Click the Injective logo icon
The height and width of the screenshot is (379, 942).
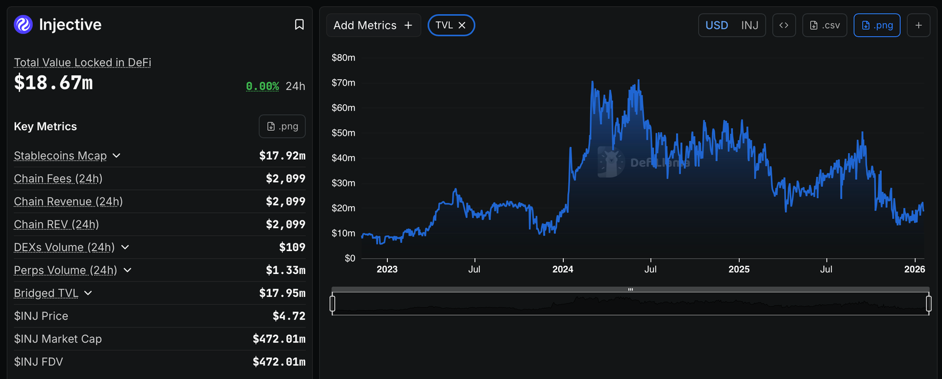[23, 25]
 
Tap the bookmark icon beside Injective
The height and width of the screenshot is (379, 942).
[299, 25]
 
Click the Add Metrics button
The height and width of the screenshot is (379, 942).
[373, 25]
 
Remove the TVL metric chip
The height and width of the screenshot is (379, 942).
[462, 25]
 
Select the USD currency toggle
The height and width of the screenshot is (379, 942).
[717, 25]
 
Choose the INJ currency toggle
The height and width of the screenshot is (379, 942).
[749, 25]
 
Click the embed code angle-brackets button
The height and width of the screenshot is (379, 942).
[784, 25]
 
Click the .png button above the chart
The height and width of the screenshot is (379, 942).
[877, 25]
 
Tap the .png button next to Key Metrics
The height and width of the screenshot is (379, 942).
[282, 126]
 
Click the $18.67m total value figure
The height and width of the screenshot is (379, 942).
[54, 83]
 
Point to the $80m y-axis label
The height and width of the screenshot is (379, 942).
[343, 58]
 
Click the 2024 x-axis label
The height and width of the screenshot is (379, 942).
[563, 269]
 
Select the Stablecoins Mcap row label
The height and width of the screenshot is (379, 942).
[60, 156]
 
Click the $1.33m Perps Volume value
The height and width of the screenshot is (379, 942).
[286, 270]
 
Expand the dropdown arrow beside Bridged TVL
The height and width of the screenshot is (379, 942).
[88, 293]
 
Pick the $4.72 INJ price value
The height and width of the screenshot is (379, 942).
[288, 316]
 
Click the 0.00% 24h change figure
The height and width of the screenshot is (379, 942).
[263, 86]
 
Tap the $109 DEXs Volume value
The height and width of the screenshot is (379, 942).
[292, 247]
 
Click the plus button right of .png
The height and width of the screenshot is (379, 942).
[918, 25]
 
